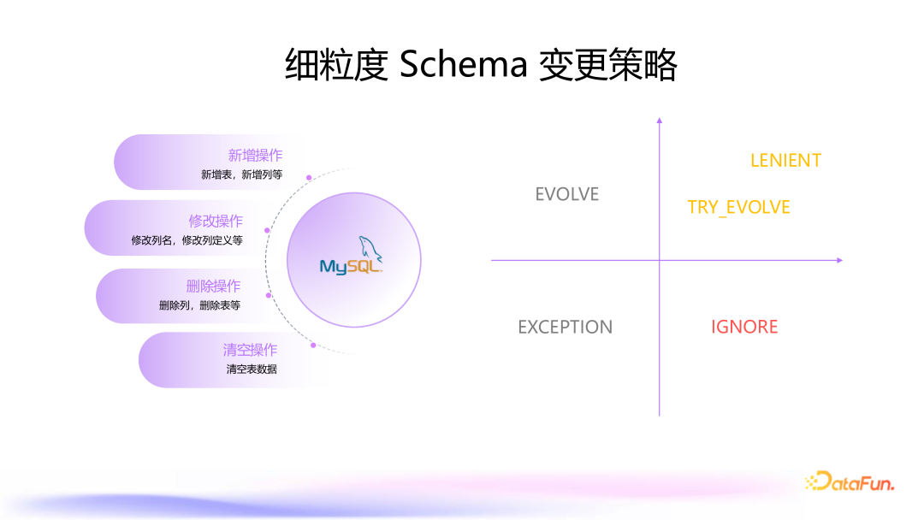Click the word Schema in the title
(x=462, y=64)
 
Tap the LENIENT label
(x=785, y=161)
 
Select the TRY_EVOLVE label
(x=738, y=207)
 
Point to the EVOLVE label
(x=567, y=194)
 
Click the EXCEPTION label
(x=566, y=327)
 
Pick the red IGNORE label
(x=744, y=327)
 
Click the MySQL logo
(x=352, y=258)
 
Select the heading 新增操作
(x=255, y=156)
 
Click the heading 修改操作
(x=216, y=221)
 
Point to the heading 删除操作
(x=213, y=286)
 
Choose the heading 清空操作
(x=250, y=350)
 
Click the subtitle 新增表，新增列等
(x=241, y=174)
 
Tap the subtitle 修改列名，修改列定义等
(x=187, y=240)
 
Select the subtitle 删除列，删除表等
(x=199, y=305)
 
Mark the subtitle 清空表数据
(x=252, y=369)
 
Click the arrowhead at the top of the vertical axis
(x=660, y=121)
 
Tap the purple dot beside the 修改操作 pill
(x=268, y=230)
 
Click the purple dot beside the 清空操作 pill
(x=313, y=346)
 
